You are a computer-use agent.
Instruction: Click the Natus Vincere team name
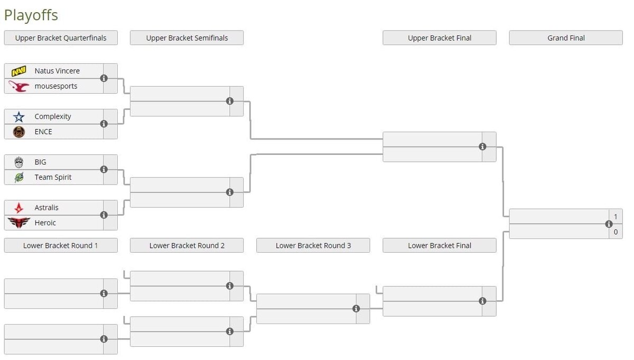point(57,71)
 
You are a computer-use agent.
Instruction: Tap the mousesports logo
point(18,86)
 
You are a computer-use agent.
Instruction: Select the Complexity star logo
point(18,117)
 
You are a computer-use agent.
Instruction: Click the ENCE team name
point(43,132)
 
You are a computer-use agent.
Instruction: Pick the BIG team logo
point(18,162)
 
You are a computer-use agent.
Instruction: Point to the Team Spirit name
point(53,177)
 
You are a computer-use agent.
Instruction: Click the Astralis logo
point(18,208)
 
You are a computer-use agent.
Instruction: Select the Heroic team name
point(45,223)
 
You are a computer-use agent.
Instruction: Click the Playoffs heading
point(31,15)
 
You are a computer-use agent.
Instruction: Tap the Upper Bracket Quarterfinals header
point(61,38)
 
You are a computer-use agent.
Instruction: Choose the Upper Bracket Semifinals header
point(187,38)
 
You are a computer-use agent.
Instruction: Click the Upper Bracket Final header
point(440,38)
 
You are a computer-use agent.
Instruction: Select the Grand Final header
point(566,38)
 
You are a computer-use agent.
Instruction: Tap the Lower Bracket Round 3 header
point(313,245)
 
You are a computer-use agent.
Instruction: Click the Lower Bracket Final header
point(440,245)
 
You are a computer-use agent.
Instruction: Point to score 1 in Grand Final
point(616,217)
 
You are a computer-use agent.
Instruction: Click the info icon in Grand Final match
point(609,224)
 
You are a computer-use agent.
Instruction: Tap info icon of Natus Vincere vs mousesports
point(104,78)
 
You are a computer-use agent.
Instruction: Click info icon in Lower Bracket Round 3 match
point(356,309)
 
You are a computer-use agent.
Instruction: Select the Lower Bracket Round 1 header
point(61,245)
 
